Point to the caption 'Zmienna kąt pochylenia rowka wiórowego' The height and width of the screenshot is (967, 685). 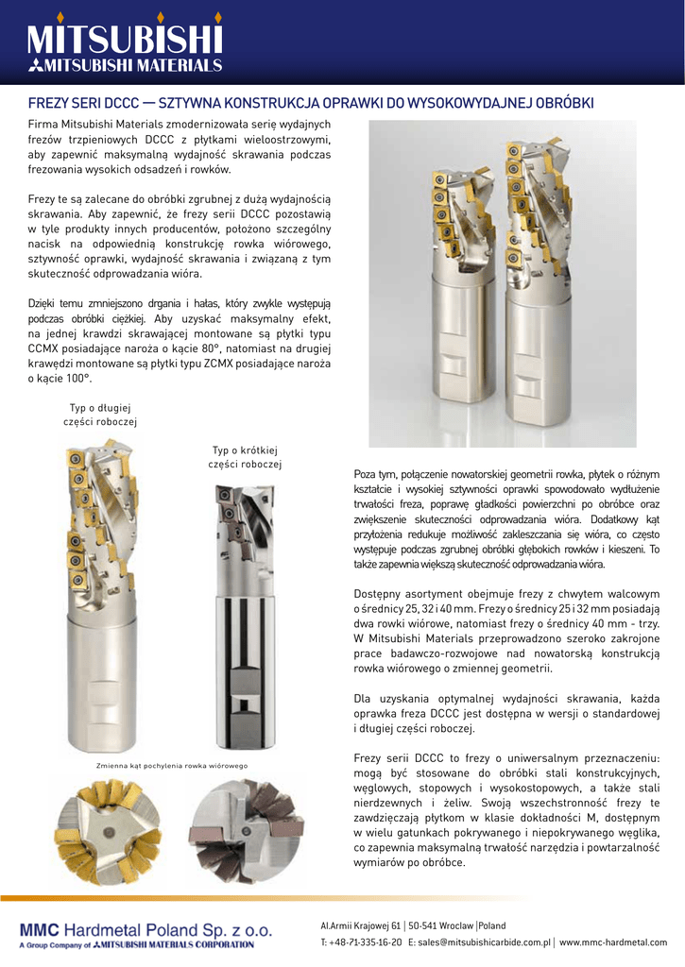172,765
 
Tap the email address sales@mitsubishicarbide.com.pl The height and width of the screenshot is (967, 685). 484,942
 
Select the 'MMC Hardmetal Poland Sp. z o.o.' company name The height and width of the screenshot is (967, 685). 146,929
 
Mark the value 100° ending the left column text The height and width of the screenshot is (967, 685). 77,378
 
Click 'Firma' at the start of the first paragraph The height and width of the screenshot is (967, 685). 43,124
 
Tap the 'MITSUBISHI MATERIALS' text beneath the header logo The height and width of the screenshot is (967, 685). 133,66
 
